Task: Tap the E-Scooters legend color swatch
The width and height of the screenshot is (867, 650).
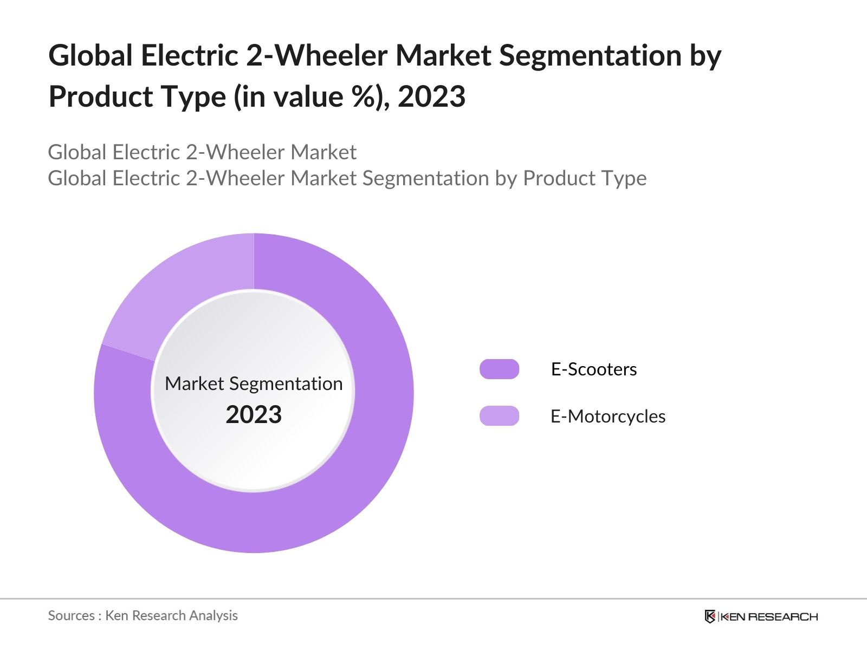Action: pyautogui.click(x=499, y=369)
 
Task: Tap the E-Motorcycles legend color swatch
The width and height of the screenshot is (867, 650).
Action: pyautogui.click(x=499, y=416)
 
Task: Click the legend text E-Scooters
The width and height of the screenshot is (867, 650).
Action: pyautogui.click(x=593, y=369)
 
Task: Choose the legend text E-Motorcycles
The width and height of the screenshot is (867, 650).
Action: pyautogui.click(x=607, y=416)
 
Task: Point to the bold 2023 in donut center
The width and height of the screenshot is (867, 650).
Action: pyautogui.click(x=254, y=414)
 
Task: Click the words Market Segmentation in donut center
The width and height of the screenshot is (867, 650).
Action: pyautogui.click(x=254, y=383)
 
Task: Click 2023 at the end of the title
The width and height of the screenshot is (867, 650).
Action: pyautogui.click(x=431, y=96)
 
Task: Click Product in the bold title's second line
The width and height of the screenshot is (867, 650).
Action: pyautogui.click(x=99, y=96)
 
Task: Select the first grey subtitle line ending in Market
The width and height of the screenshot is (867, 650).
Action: pyautogui.click(x=202, y=152)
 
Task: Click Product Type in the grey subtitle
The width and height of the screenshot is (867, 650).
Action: pyautogui.click(x=585, y=178)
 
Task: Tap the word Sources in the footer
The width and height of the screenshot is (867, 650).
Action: pyautogui.click(x=71, y=615)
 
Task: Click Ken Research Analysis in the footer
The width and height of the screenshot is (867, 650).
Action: pyautogui.click(x=171, y=615)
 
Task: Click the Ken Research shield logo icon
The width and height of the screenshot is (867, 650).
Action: pyautogui.click(x=710, y=616)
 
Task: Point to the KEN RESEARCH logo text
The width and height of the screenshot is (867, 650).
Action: pyautogui.click(x=769, y=616)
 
